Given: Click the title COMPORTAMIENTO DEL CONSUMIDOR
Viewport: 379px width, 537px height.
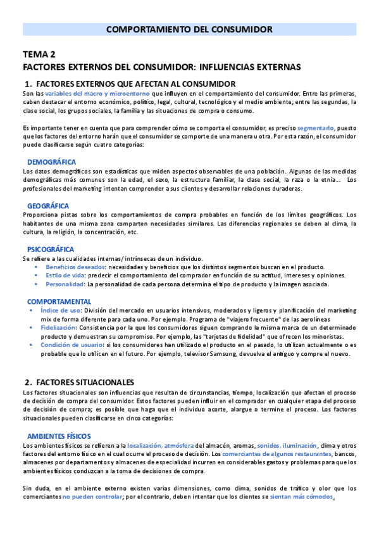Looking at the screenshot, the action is pyautogui.click(x=189, y=30).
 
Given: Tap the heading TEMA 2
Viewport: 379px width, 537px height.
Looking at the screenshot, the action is pyautogui.click(x=39, y=54).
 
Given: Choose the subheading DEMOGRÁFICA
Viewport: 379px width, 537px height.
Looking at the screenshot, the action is pyautogui.click(x=51, y=162).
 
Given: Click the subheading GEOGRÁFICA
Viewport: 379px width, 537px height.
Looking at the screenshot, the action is pyautogui.click(x=48, y=206).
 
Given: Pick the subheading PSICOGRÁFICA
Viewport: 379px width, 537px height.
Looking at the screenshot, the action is pyautogui.click(x=51, y=250).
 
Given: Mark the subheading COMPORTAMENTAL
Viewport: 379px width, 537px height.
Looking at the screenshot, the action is pyautogui.click(x=59, y=301).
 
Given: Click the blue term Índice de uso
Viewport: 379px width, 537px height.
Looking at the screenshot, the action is pyautogui.click(x=60, y=311).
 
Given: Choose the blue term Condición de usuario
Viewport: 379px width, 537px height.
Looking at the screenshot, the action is pyautogui.click(x=73, y=345).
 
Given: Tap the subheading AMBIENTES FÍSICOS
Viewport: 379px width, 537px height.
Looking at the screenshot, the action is pyautogui.click(x=59, y=436).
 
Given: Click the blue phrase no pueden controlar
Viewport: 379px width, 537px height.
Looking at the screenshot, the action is pyautogui.click(x=92, y=497).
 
